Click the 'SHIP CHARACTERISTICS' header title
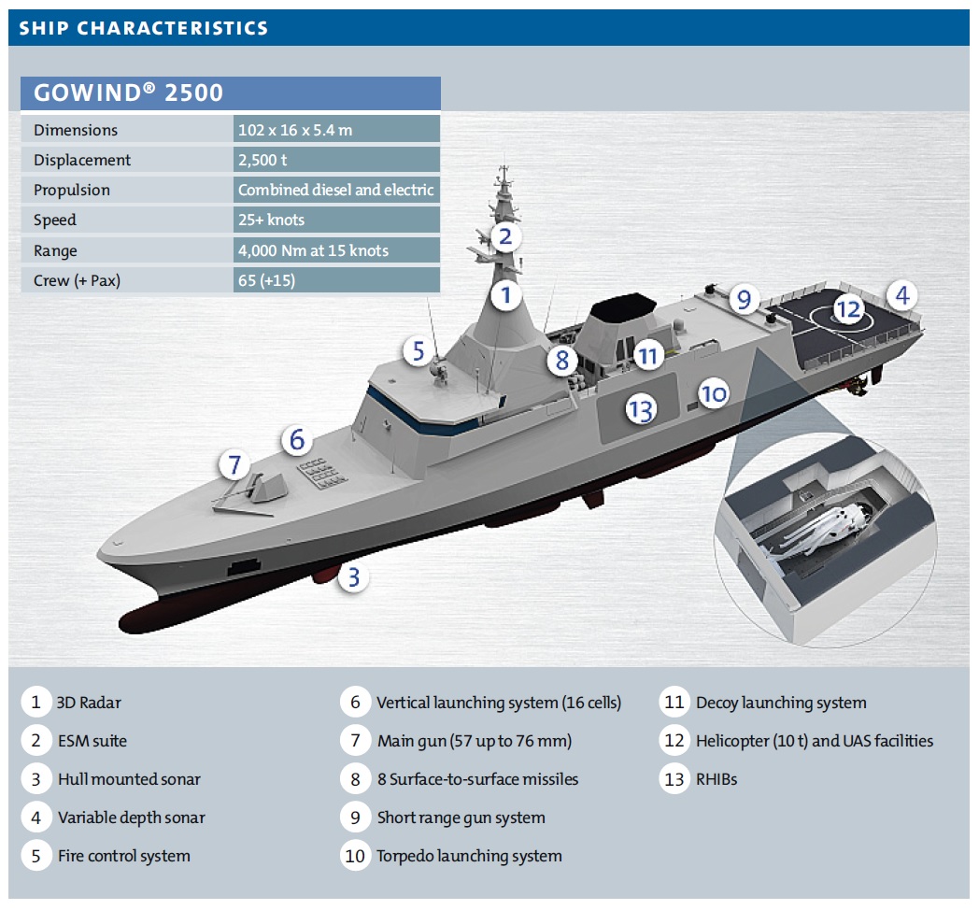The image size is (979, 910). click(144, 28)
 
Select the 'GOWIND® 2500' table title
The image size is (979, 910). click(128, 93)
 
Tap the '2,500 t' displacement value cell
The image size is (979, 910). click(264, 160)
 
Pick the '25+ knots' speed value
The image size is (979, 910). click(271, 220)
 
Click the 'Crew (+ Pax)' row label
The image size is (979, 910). click(83, 280)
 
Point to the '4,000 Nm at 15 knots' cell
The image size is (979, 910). click(313, 250)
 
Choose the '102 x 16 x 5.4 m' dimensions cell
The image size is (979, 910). click(295, 130)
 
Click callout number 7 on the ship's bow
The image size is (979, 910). click(235, 463)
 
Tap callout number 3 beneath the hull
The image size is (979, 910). click(353, 577)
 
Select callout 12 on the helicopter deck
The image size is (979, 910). click(847, 309)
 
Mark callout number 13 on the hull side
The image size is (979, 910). click(640, 408)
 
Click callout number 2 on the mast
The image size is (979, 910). click(504, 235)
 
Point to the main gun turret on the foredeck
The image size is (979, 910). click(257, 491)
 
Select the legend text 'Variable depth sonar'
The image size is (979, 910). click(131, 818)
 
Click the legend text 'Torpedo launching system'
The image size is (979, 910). click(469, 856)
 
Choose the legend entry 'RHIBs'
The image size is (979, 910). click(717, 779)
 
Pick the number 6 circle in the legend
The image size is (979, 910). click(355, 703)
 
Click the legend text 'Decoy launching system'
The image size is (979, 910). click(781, 703)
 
